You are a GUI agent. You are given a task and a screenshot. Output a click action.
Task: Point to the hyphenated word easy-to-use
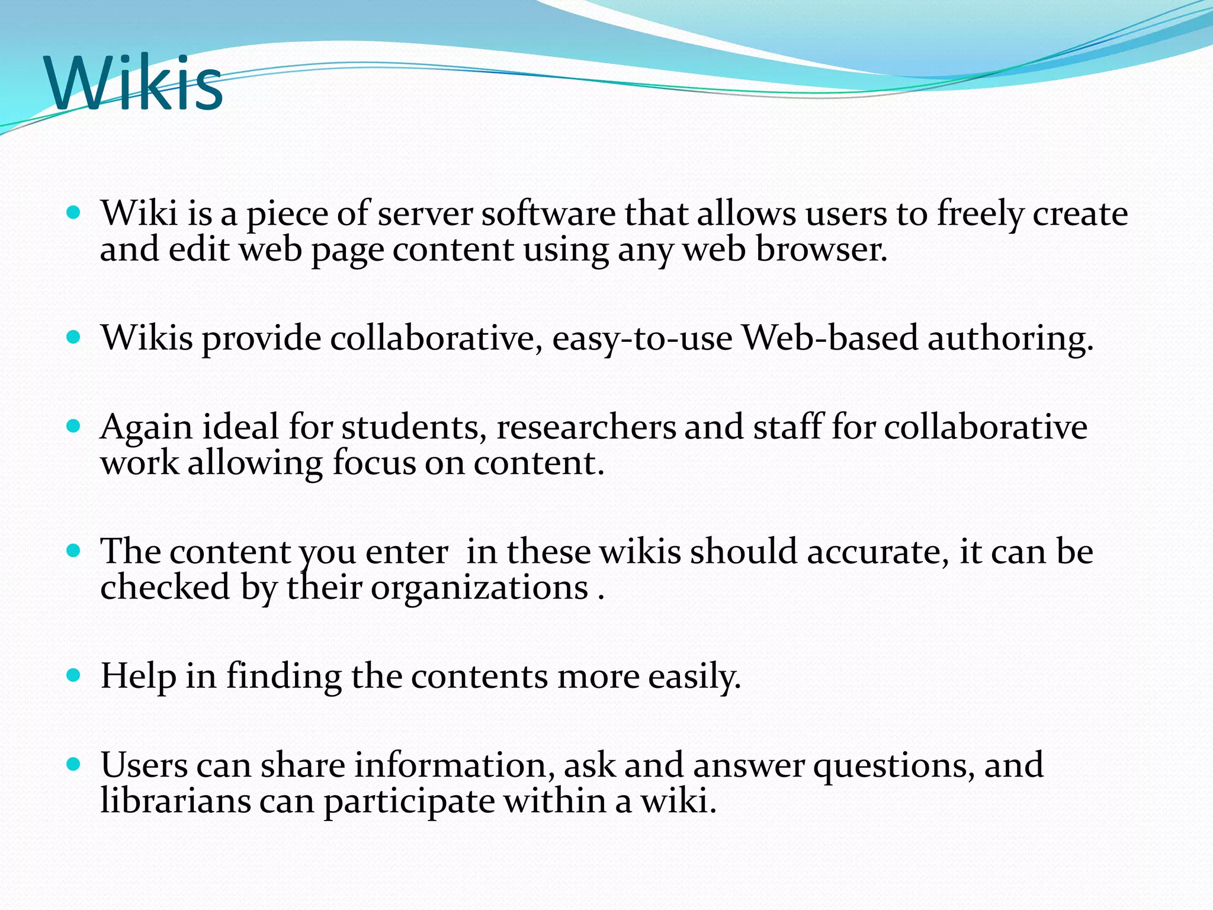(642, 339)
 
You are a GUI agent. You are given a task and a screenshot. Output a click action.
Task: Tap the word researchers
(586, 428)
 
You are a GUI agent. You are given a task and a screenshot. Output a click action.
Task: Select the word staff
(787, 427)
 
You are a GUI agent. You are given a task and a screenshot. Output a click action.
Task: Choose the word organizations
(479, 588)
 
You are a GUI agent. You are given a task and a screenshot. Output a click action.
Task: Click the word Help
(138, 676)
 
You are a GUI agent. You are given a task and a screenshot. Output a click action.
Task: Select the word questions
(894, 765)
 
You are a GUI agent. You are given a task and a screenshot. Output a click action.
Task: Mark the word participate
(409, 802)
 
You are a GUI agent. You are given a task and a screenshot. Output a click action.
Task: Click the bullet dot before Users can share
(73, 764)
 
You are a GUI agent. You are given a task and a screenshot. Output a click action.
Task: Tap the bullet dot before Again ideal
(73, 427)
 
